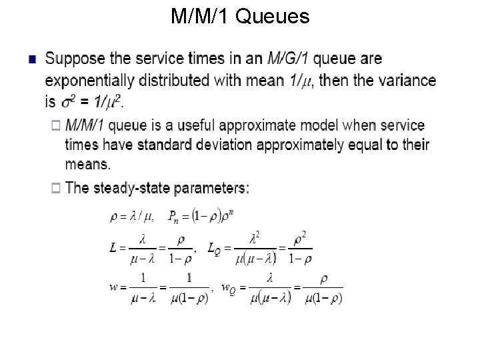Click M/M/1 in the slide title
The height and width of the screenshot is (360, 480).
click(x=200, y=16)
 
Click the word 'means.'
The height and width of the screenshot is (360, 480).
click(x=88, y=164)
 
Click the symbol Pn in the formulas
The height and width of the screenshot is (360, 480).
click(x=173, y=217)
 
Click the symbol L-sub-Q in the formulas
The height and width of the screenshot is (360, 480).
click(x=215, y=249)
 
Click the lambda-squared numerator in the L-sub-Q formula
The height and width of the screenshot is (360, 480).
click(x=253, y=237)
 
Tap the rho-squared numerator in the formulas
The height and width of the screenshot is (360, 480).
click(x=300, y=237)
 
